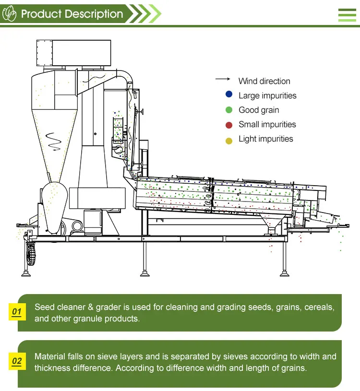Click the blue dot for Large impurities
229,95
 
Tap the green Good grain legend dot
229,110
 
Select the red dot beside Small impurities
229,125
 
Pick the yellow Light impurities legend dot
229,140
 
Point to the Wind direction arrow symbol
222,79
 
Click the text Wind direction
264,81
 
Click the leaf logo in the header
10,14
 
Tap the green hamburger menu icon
347,15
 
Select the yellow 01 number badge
17,312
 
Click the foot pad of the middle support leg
144,274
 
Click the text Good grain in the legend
259,110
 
